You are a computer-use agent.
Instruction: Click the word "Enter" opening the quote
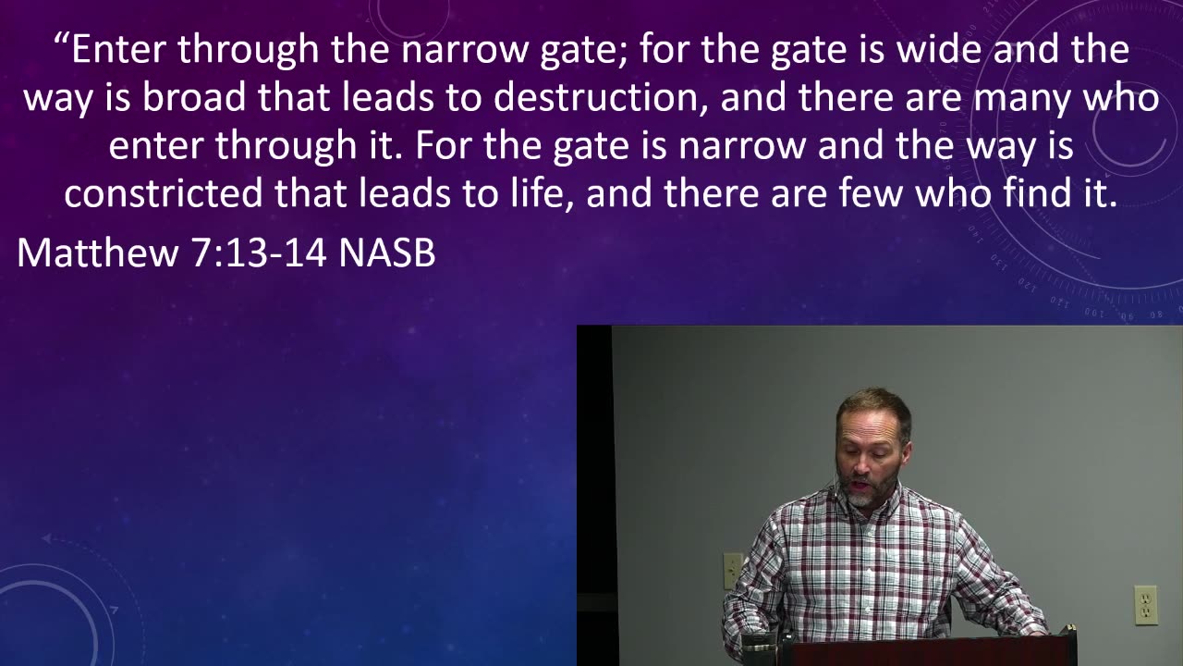click(x=117, y=49)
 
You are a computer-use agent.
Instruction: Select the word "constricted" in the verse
click(x=164, y=193)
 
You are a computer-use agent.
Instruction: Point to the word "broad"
click(x=194, y=97)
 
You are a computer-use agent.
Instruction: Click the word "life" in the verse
click(x=542, y=194)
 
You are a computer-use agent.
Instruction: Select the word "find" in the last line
click(x=1032, y=193)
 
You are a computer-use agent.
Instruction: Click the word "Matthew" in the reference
click(x=98, y=253)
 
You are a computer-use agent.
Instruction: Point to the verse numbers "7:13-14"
click(x=258, y=253)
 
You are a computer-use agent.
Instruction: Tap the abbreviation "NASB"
click(x=386, y=253)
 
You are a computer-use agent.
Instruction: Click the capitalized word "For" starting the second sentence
click(x=442, y=145)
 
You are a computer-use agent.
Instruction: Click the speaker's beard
click(x=870, y=490)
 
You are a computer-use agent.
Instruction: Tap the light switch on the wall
click(x=733, y=571)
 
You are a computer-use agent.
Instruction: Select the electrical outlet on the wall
click(x=1145, y=605)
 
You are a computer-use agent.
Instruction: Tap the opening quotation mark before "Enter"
click(x=61, y=40)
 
